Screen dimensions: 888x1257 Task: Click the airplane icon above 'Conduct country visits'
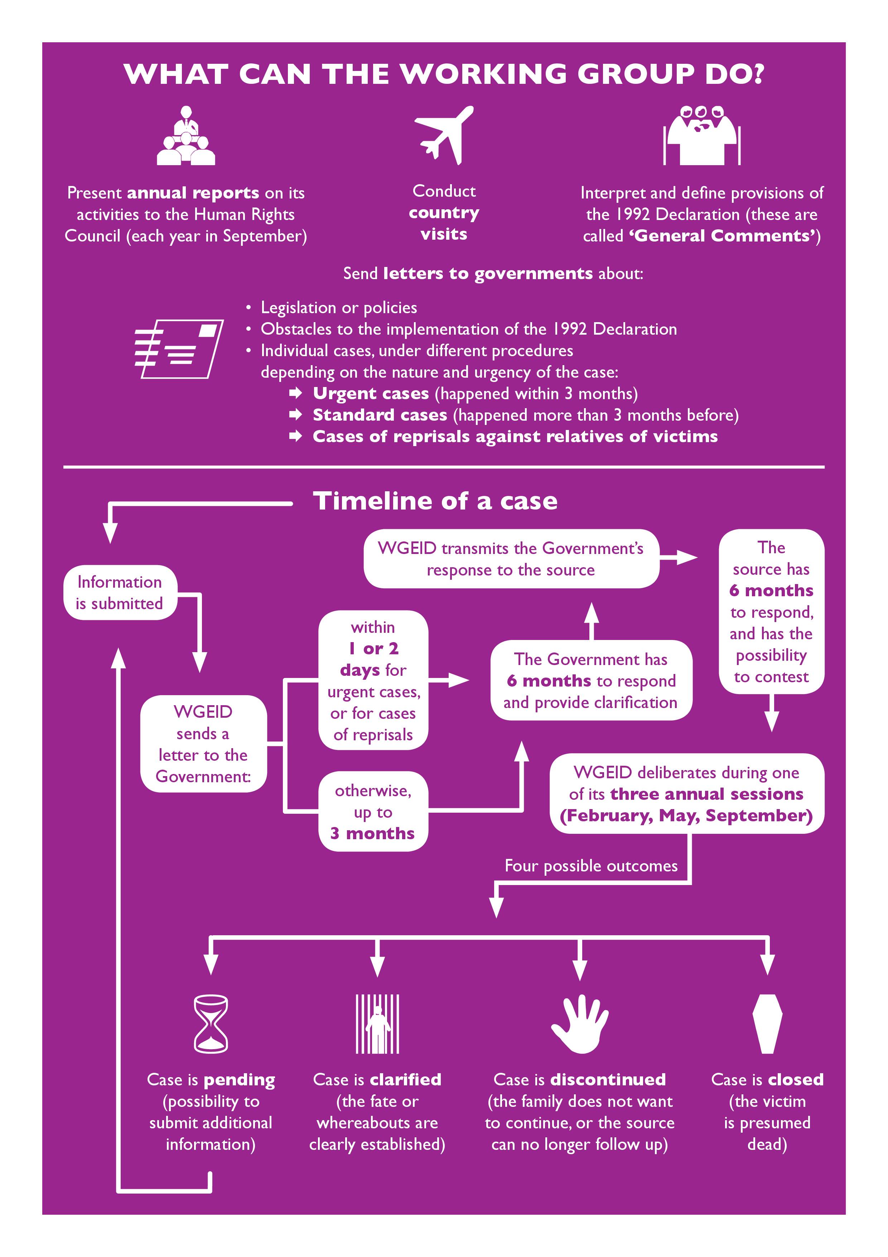(444, 135)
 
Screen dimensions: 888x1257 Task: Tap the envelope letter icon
(179, 349)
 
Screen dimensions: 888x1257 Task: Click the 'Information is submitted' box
(120, 592)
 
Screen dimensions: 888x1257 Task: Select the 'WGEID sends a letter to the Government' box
(203, 744)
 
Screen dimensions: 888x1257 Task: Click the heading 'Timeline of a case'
(435, 501)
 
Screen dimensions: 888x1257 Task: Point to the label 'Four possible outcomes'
(591, 866)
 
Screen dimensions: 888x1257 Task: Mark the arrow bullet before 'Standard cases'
(295, 415)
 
